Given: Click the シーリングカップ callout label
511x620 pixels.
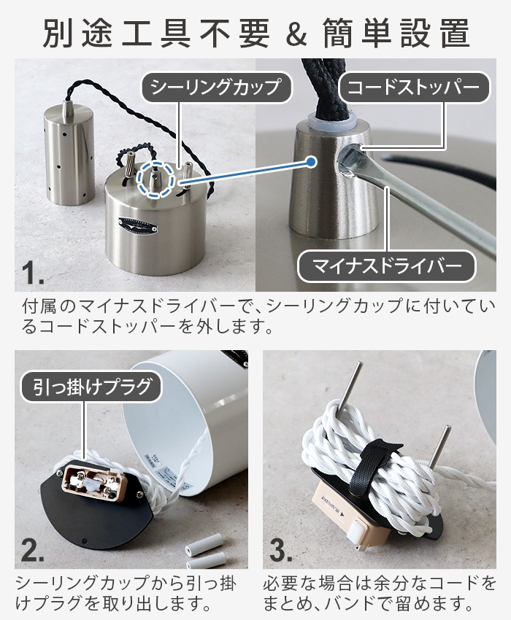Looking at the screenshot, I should coord(215,88).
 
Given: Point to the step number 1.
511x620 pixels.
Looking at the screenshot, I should coord(32,274).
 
